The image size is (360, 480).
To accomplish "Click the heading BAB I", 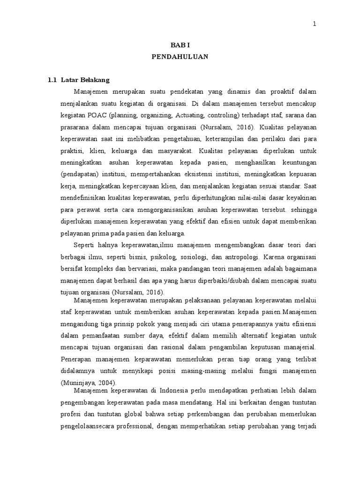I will pos(180,45).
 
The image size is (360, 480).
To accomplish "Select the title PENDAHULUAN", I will pos(180,57).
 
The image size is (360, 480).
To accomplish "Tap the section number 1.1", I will pos(52,80).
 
